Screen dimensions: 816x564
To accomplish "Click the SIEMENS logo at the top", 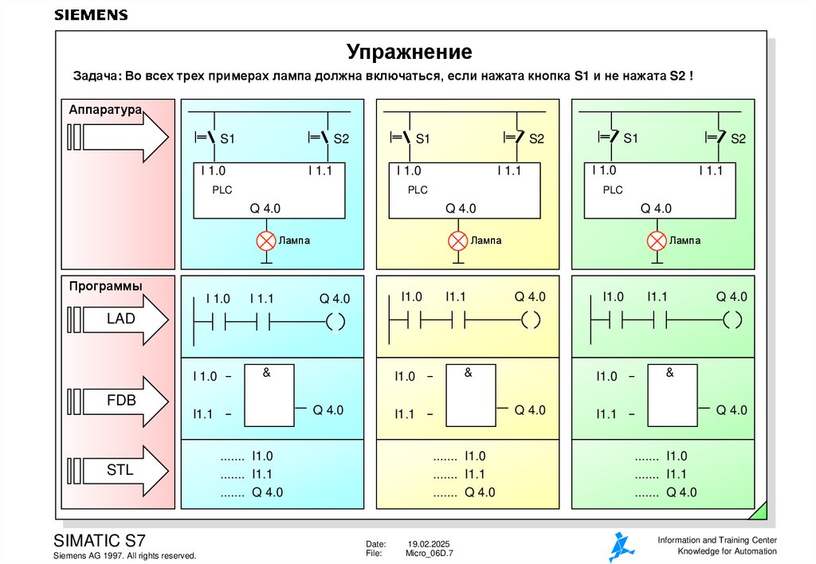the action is click(x=91, y=15).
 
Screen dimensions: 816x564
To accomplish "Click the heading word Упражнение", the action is click(x=409, y=53).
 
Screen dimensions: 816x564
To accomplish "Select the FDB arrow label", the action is click(x=121, y=400).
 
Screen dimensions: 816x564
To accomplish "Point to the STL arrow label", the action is click(x=120, y=470).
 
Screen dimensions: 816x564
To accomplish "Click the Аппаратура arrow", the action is click(x=117, y=137).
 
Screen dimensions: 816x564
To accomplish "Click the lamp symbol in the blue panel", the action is click(x=265, y=240).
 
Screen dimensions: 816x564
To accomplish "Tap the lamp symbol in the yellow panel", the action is click(x=457, y=240).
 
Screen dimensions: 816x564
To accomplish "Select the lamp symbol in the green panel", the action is click(x=656, y=240).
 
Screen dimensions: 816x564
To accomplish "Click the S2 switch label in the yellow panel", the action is click(x=536, y=139).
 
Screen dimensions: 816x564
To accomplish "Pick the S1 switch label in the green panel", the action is click(x=631, y=139).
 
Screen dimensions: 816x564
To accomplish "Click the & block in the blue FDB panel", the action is click(x=268, y=395).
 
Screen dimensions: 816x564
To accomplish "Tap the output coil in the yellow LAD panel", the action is click(x=530, y=321).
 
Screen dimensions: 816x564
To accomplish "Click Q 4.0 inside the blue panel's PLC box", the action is click(x=265, y=209).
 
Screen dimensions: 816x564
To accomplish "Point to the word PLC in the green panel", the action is click(x=612, y=190).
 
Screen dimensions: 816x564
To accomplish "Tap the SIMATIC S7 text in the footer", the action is click(x=99, y=539).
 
